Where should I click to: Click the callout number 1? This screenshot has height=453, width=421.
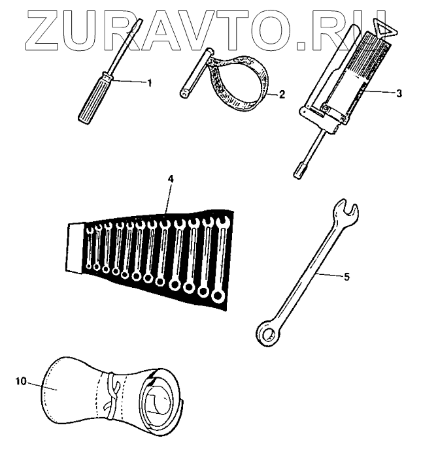point(149,83)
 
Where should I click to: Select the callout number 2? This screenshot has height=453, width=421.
point(281,94)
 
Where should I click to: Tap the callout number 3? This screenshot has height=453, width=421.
point(399,93)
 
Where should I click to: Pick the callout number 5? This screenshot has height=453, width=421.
point(346,277)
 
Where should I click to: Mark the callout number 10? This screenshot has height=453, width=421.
point(21,381)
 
